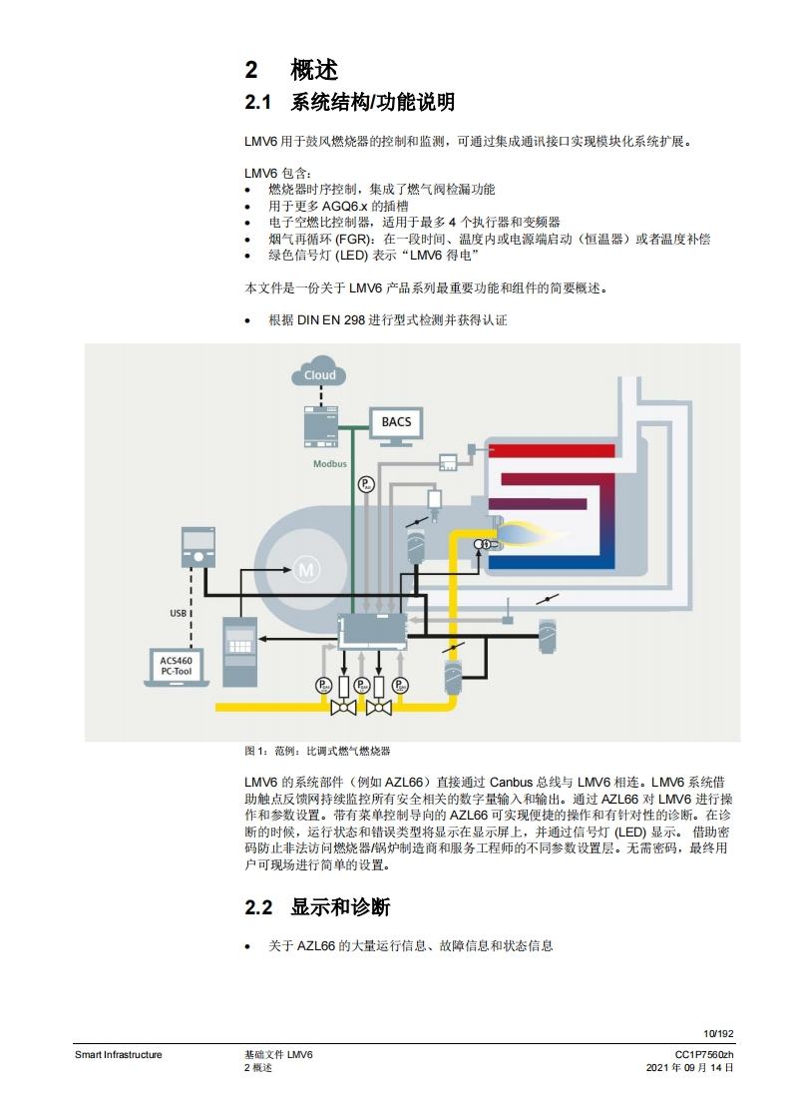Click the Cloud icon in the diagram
(319, 373)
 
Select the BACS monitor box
(396, 423)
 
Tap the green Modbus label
(330, 464)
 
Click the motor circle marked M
(305, 569)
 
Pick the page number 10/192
(718, 1033)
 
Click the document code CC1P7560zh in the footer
(704, 1055)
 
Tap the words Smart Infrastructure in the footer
(118, 1055)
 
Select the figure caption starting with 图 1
(318, 751)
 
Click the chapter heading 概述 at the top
(314, 69)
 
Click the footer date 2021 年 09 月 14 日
(690, 1067)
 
